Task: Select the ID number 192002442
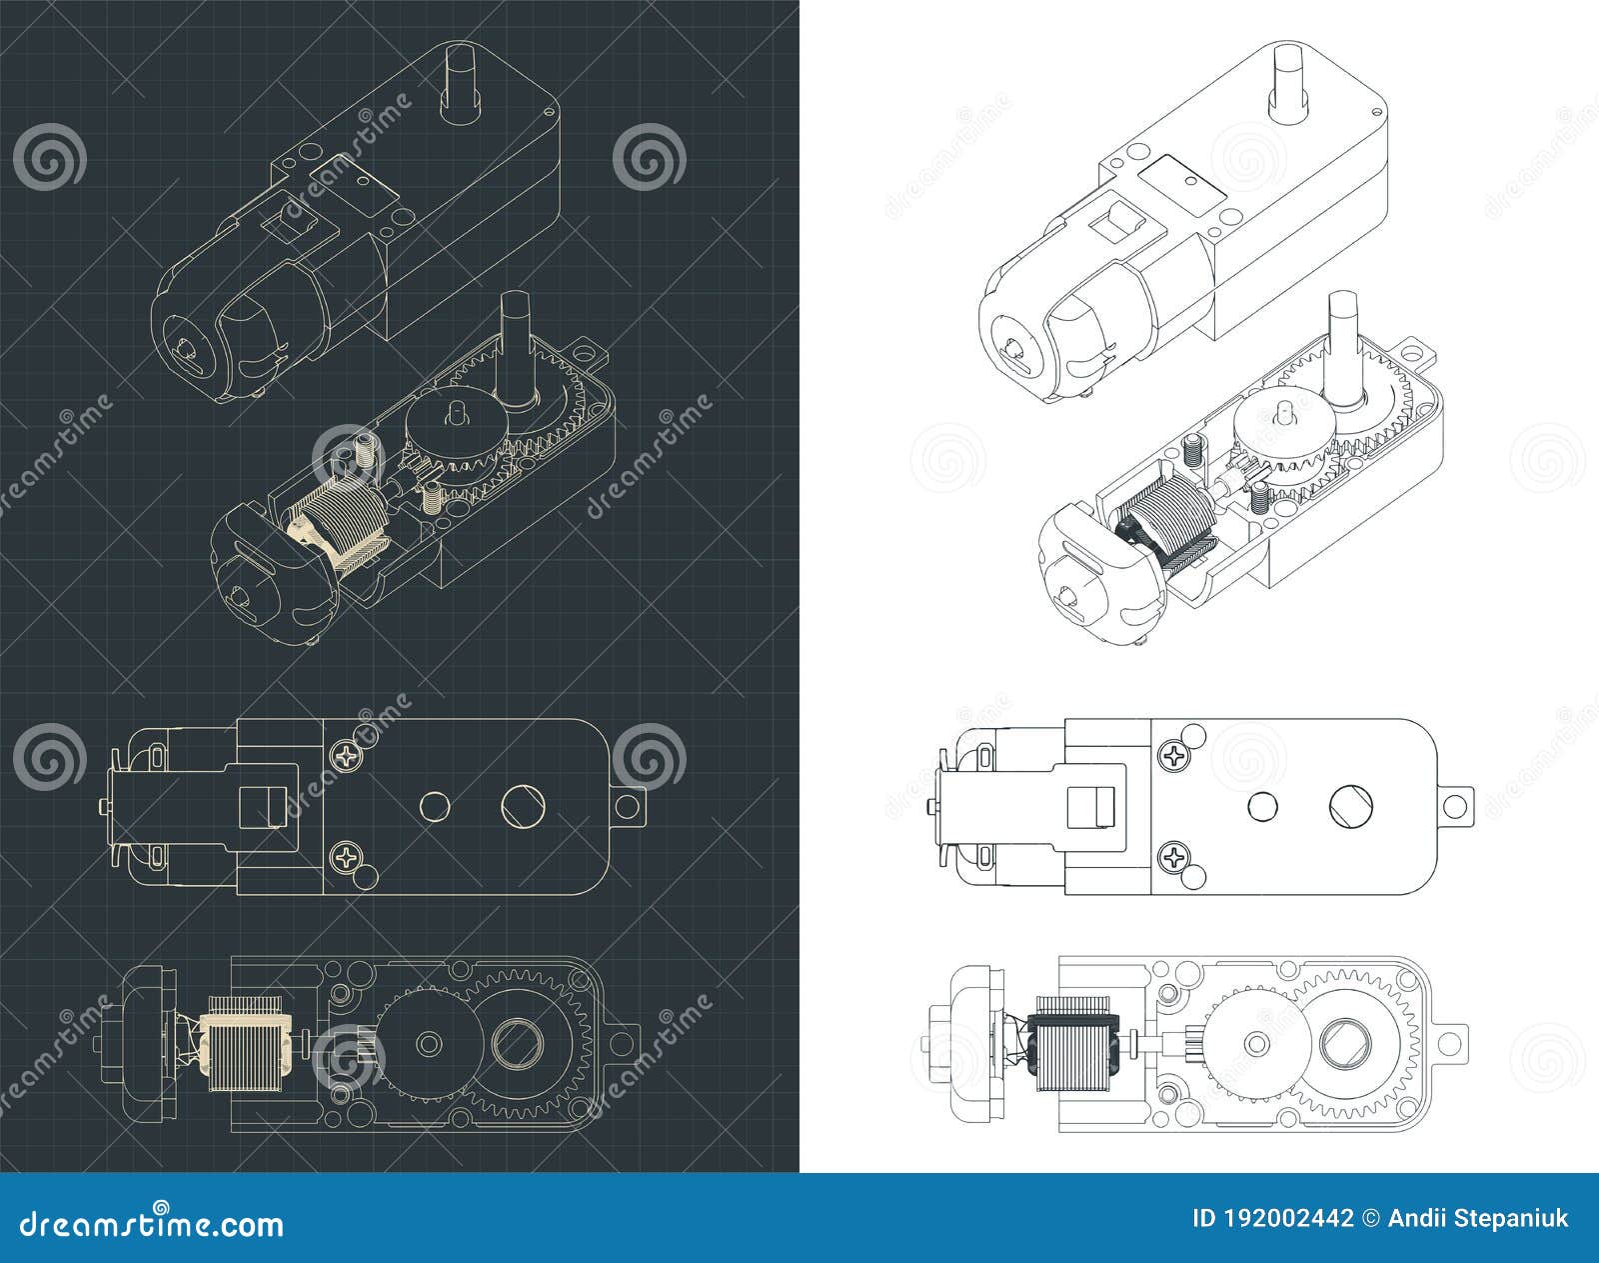click(1294, 1218)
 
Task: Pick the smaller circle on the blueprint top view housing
click(433, 805)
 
